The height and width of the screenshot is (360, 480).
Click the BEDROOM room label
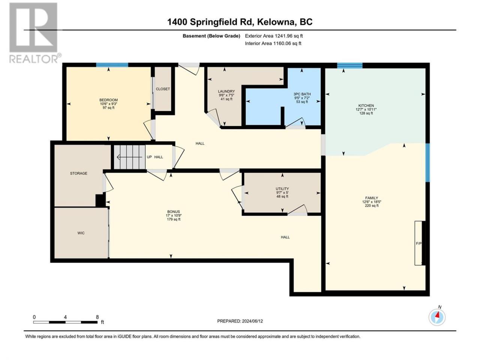[108, 100]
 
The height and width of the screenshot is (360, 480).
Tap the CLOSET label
[163, 89]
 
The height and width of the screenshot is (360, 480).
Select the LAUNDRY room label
[226, 91]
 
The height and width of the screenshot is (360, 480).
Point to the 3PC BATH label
[302, 94]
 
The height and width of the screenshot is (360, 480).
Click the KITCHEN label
[366, 106]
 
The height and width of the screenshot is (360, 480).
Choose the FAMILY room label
[372, 198]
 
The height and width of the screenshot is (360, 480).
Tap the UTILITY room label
[282, 189]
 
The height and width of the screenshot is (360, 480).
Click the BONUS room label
[174, 211]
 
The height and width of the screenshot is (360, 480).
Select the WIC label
[81, 233]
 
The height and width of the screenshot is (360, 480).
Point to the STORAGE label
[78, 173]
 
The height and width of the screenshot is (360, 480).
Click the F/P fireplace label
[418, 243]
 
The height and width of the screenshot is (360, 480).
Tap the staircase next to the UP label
[130, 157]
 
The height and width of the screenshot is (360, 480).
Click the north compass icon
[437, 317]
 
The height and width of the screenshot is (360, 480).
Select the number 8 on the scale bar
[97, 317]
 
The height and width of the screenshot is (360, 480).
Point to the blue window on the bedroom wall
[112, 65]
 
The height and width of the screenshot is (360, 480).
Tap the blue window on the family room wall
[427, 163]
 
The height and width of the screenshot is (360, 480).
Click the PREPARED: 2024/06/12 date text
[240, 321]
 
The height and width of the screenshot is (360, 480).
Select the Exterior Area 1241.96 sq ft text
[274, 36]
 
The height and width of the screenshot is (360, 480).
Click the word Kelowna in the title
[275, 22]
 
